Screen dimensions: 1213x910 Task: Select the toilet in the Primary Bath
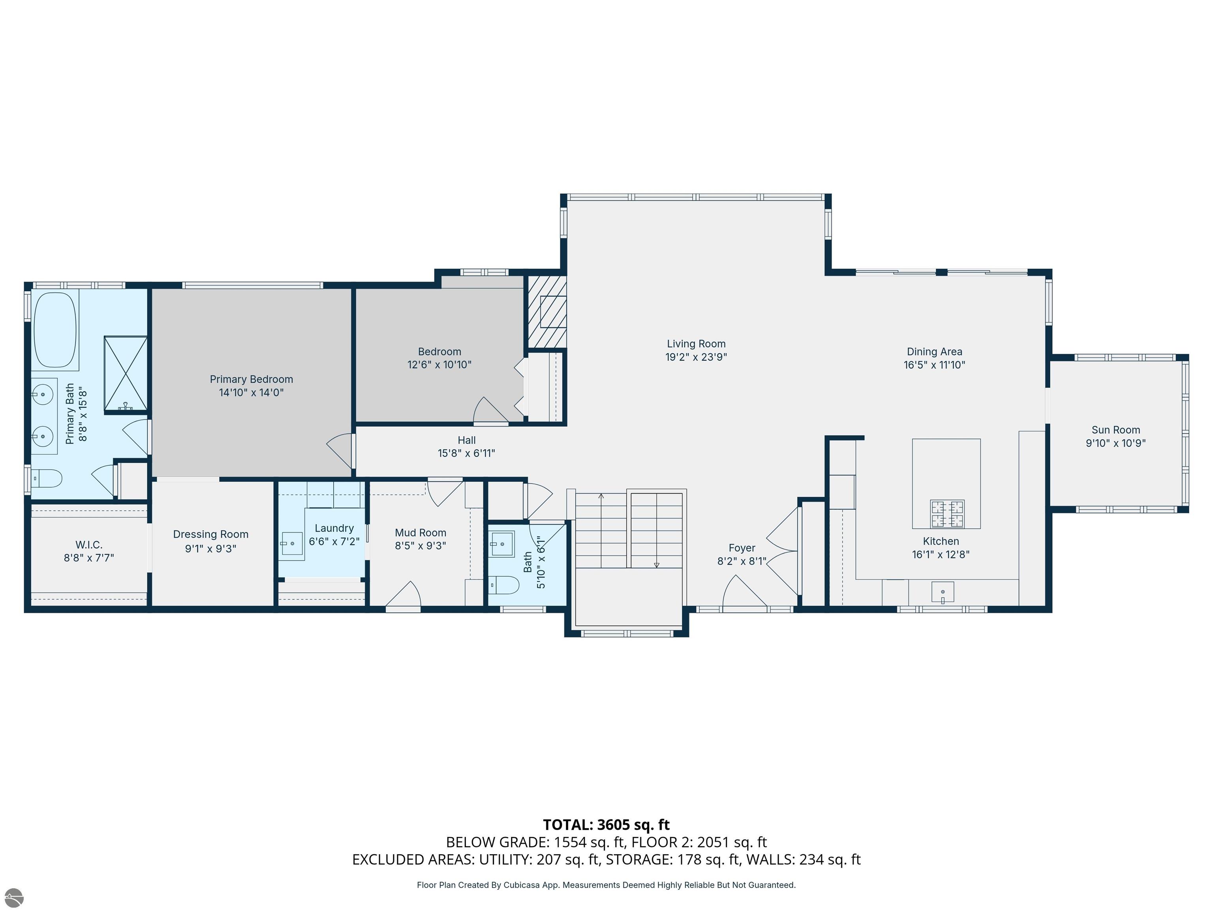(47, 478)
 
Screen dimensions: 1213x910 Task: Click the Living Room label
(696, 344)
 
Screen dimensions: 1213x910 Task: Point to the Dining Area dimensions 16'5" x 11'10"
(934, 365)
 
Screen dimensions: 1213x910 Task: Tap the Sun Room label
(1115, 430)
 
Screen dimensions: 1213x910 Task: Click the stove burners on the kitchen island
(947, 514)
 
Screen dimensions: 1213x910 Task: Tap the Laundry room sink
(292, 543)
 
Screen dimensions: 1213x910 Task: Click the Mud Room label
(421, 533)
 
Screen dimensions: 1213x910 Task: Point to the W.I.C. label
(89, 545)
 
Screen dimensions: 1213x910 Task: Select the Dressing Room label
(210, 534)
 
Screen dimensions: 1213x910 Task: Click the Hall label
(467, 440)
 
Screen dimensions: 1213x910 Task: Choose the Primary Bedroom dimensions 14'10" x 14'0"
(251, 392)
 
